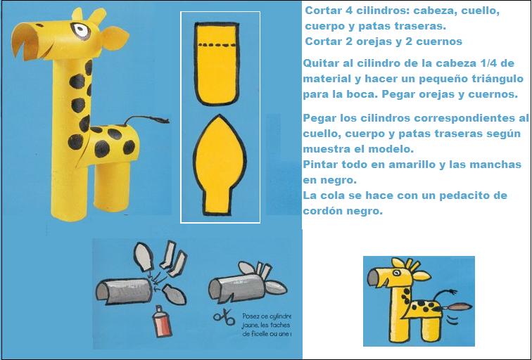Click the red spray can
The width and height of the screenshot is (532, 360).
tap(161, 323)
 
